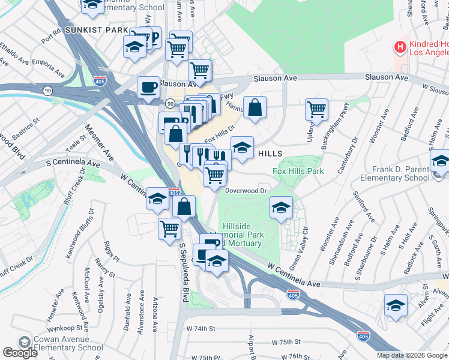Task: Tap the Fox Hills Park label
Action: click(298, 171)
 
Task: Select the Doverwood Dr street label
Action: click(246, 190)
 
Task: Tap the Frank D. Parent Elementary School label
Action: click(394, 173)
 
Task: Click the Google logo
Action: click(20, 353)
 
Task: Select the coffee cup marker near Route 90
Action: click(148, 88)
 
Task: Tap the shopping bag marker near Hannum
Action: click(255, 108)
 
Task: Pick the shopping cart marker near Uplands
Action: click(316, 109)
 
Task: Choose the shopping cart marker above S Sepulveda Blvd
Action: click(170, 228)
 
